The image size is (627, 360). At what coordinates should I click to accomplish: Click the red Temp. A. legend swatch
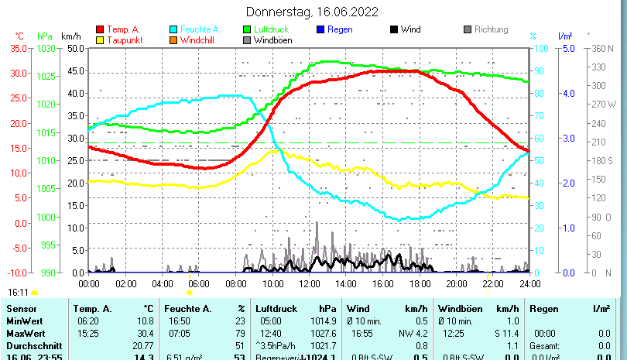99,29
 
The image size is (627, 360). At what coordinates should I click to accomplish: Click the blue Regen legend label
340,29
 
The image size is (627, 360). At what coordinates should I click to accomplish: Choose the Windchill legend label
199,40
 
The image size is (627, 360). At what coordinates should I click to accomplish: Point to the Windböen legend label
273,40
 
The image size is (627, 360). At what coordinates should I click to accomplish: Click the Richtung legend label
491,29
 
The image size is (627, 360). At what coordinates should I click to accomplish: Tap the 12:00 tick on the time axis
309,283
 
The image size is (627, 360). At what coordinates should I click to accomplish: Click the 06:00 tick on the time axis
199,283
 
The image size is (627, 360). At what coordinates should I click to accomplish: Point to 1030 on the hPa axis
46,48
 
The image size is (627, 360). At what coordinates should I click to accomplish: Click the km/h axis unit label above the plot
70,36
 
